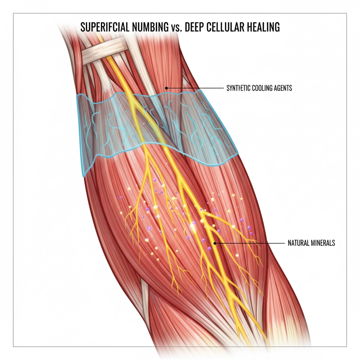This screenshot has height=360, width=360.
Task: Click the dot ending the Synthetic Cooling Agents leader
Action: pos(166,88)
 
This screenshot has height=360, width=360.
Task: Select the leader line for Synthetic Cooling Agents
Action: pos(195,88)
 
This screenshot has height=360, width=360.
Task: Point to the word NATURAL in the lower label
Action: pos(297,243)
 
